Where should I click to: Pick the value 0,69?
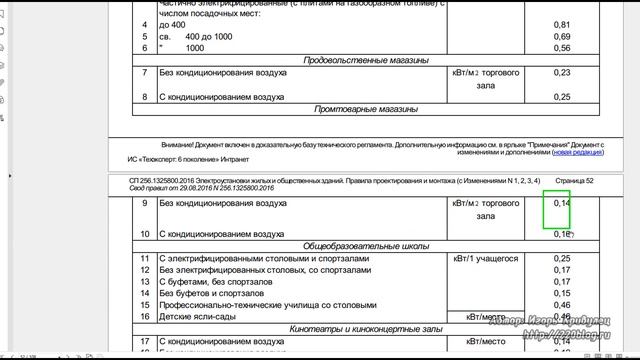tap(562, 35)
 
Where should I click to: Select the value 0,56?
tap(562, 47)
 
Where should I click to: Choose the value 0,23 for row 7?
tap(562, 73)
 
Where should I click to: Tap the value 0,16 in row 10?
tap(562, 234)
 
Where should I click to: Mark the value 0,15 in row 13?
tap(562, 281)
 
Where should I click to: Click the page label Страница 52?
tap(600, 180)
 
